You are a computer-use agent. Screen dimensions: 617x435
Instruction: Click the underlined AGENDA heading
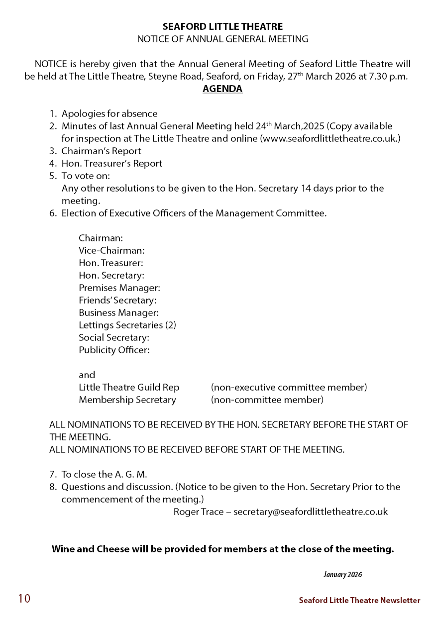click(x=222, y=90)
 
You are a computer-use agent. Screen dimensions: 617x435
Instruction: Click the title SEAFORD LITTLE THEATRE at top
click(x=222, y=27)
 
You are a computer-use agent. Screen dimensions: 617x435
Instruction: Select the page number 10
click(x=24, y=599)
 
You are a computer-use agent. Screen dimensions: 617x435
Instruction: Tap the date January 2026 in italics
click(x=342, y=575)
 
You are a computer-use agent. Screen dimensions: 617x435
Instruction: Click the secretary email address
click(x=311, y=512)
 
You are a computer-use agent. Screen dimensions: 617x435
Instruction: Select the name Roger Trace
click(x=198, y=512)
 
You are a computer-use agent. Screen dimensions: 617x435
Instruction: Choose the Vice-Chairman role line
click(x=111, y=251)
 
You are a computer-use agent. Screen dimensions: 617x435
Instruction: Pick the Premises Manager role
click(x=119, y=288)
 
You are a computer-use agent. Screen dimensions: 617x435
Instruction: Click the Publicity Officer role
click(x=114, y=350)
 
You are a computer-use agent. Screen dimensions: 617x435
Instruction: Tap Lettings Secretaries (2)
click(x=127, y=325)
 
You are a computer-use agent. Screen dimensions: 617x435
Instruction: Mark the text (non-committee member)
click(x=267, y=400)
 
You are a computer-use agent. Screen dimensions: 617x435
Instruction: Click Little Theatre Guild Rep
click(x=129, y=387)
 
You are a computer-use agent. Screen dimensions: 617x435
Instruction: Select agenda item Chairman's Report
click(x=101, y=151)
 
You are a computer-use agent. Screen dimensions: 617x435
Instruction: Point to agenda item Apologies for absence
click(x=109, y=113)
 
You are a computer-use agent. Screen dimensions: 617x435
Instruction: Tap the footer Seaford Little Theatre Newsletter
click(x=359, y=601)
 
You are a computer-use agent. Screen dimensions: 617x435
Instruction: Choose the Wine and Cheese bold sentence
click(x=222, y=549)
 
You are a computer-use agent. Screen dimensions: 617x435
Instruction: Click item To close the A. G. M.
click(x=104, y=474)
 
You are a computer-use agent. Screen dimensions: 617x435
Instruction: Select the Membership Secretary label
click(x=127, y=400)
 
